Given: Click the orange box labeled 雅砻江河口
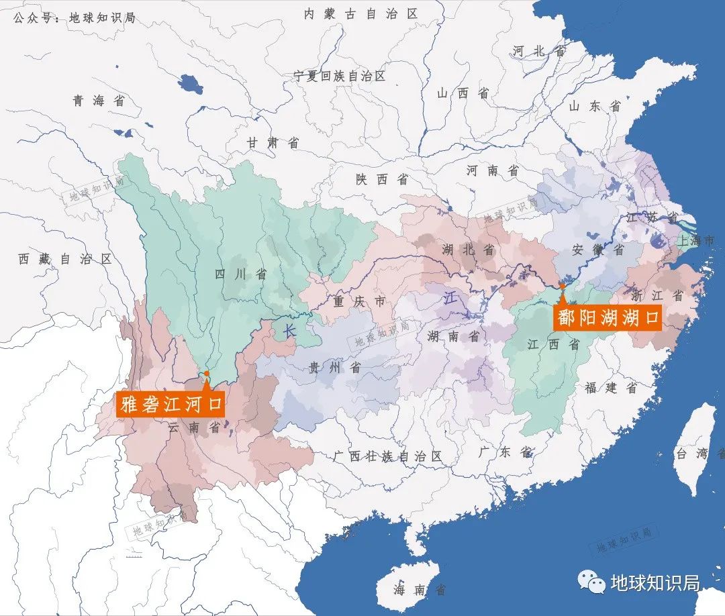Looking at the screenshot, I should coord(171,405).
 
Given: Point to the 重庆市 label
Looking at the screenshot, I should coord(360,302).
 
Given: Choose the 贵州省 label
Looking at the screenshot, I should coord(334,367).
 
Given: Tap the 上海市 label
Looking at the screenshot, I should coord(700,240).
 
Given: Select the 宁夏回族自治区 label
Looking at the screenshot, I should coord(340,76).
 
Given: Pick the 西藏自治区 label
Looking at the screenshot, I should coord(65,259).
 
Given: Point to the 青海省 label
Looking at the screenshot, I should coord(99,101).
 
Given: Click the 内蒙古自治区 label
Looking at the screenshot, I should coord(360,14).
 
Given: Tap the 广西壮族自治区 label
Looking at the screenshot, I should coord(388,456).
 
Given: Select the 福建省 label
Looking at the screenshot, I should coord(610,387).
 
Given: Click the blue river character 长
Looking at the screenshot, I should coord(289,330).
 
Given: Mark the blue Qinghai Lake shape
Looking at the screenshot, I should coord(191,84).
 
